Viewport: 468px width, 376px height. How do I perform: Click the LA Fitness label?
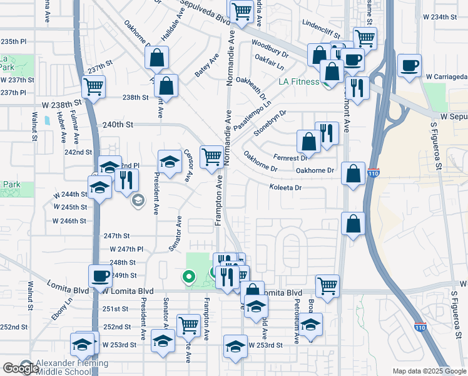point(299,81)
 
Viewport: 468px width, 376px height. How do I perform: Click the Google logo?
point(21,368)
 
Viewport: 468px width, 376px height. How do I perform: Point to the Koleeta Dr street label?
point(285,187)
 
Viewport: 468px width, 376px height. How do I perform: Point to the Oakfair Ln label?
point(270,61)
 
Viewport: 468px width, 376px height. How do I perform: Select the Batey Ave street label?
point(206,65)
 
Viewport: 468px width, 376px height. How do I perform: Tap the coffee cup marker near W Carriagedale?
point(410,66)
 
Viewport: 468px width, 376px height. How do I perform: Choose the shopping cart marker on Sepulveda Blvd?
point(240,11)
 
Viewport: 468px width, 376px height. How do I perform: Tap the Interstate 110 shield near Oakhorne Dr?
point(373,172)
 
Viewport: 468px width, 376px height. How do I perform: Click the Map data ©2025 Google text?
point(429,371)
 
